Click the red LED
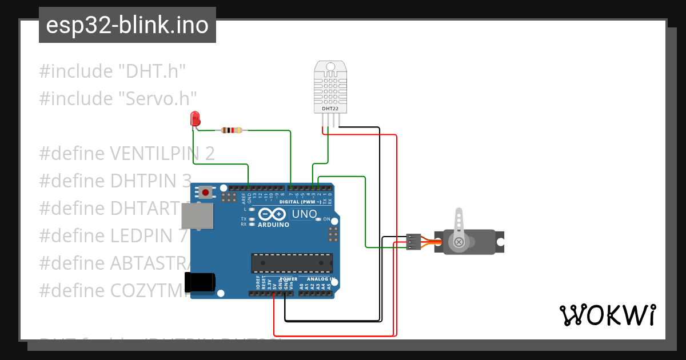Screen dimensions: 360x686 [x=196, y=119]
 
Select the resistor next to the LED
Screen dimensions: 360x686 [x=231, y=130]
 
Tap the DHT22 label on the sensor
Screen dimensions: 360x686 [x=329, y=108]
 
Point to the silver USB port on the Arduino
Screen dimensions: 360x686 [x=197, y=217]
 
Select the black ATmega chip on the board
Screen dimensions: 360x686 [x=292, y=263]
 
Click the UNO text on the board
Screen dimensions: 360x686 [x=304, y=214]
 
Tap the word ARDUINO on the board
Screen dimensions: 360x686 [x=273, y=225]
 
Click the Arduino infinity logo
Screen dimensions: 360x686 [x=272, y=214]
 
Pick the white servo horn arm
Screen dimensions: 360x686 [x=458, y=229]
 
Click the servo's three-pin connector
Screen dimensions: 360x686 [x=413, y=242]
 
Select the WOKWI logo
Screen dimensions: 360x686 [x=607, y=315]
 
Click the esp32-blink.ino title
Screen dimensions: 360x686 [x=127, y=25]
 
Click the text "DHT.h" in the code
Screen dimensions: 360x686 [x=151, y=71]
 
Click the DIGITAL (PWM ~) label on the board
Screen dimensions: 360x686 [x=300, y=202]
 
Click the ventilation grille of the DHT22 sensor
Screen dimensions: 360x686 [x=329, y=87]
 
